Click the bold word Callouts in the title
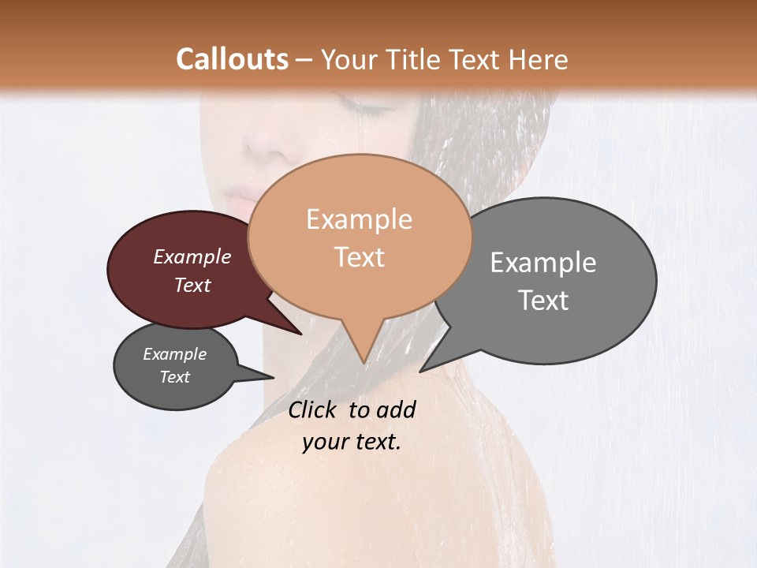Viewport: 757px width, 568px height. (x=232, y=59)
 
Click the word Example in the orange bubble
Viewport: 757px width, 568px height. (x=359, y=219)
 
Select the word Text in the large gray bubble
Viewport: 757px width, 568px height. (x=543, y=301)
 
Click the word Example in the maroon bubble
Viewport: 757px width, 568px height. (x=192, y=256)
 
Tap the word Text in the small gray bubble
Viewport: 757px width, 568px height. (x=175, y=377)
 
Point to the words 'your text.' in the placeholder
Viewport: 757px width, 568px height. (x=352, y=442)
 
